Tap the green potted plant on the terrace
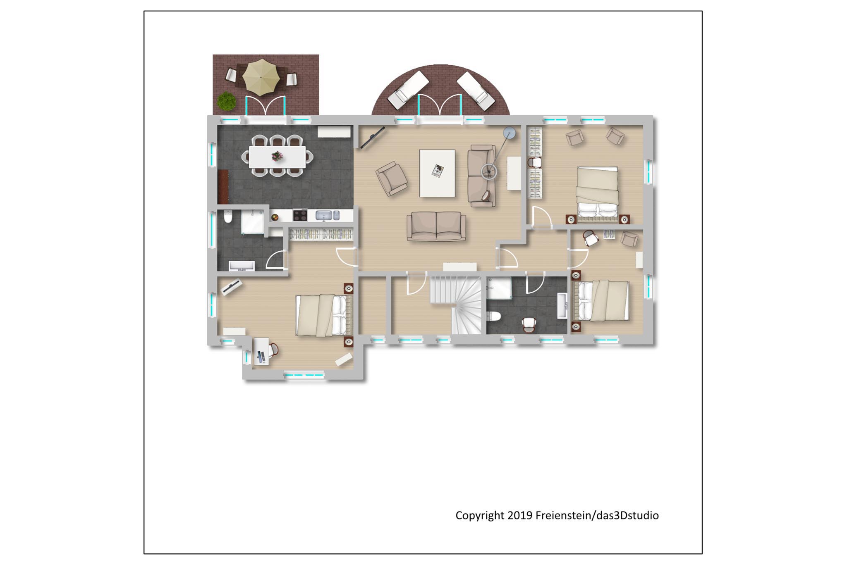(x=227, y=101)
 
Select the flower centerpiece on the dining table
(x=277, y=156)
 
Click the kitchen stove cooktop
(x=300, y=215)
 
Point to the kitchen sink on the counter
(x=324, y=215)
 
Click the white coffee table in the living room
(x=437, y=173)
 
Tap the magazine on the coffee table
(x=438, y=171)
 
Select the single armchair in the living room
(x=391, y=178)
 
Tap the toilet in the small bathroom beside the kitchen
(x=227, y=216)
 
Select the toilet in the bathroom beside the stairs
(x=494, y=317)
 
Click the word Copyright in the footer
(x=480, y=516)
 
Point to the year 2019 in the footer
(x=520, y=515)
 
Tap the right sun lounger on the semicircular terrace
(x=475, y=91)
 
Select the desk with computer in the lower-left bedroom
(x=261, y=351)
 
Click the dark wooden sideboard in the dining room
(x=223, y=187)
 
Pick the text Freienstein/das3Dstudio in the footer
(x=597, y=516)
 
